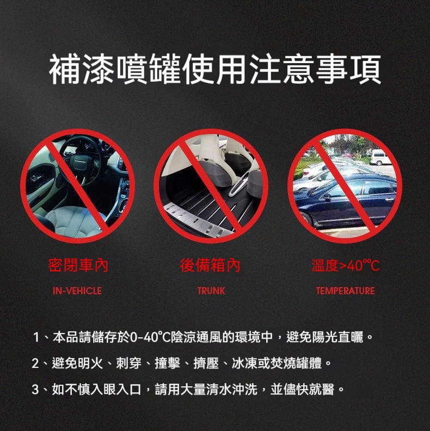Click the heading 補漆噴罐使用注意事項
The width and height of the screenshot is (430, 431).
pyautogui.click(x=215, y=69)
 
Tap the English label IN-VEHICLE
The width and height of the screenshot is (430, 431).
pyautogui.click(x=77, y=291)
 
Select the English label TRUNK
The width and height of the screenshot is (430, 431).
pyautogui.click(x=211, y=291)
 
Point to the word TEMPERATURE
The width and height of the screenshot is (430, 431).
pyautogui.click(x=345, y=291)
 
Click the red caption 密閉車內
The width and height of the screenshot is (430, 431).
pyautogui.click(x=78, y=265)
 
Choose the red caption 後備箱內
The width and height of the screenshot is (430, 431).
pyautogui.click(x=210, y=265)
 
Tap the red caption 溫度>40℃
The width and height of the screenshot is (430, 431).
pyautogui.click(x=346, y=265)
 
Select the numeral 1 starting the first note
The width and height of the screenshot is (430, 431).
pyautogui.click(x=36, y=337)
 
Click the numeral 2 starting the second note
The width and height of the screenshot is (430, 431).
pyautogui.click(x=35, y=363)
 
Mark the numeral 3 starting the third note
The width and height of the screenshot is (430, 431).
pyautogui.click(x=35, y=390)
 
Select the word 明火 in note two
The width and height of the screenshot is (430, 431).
pyautogui.click(x=90, y=363)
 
